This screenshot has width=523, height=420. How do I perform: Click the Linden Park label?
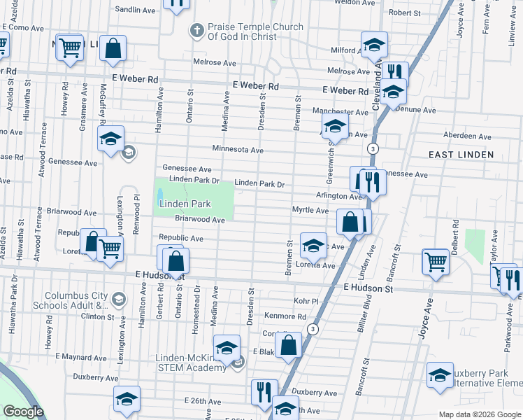point(185,204)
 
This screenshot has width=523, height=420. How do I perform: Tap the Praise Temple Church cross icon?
point(197,31)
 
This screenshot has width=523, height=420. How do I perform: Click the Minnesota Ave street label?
point(238,149)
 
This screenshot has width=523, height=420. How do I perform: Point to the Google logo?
point(23,412)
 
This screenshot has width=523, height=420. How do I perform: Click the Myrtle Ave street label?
point(310,210)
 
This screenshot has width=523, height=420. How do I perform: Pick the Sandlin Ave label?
point(135,10)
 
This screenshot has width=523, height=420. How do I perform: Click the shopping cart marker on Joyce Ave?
point(436,262)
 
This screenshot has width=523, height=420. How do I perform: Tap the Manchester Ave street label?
point(340,111)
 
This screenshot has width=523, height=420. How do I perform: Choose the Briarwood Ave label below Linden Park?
point(199,220)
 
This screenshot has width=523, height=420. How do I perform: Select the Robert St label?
point(404,13)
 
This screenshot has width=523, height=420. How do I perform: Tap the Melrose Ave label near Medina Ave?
point(215,62)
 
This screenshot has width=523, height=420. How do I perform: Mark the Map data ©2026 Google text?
point(479,414)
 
